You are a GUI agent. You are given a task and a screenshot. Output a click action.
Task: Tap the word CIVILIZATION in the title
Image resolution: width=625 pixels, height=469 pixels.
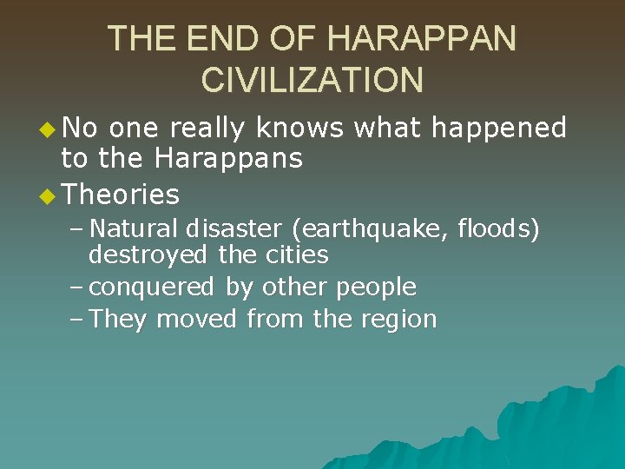312,80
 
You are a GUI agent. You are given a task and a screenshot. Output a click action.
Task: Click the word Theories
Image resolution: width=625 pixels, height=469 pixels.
122,194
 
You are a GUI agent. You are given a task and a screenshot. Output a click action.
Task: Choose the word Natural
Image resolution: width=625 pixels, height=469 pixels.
133,229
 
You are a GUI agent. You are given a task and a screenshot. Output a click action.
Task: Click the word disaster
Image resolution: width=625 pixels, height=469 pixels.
232,229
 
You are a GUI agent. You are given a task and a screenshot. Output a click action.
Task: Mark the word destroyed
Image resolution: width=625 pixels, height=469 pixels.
148,255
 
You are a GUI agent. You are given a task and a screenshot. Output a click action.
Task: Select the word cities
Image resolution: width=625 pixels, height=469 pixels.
298,255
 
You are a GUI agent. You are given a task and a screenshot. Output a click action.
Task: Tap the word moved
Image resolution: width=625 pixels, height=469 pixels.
197,319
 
